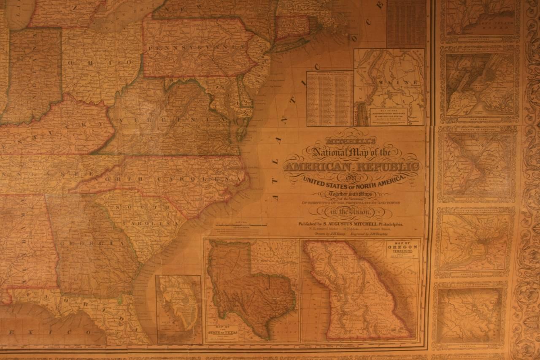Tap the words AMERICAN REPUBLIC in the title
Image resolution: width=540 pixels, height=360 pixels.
coord(352,166)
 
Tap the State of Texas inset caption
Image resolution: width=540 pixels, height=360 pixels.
coord(222,333)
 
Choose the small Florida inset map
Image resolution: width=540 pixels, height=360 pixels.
coord(179,309)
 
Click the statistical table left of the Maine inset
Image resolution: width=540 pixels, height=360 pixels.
coord(329,98)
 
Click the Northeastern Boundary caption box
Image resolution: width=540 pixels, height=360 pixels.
coord(387,116)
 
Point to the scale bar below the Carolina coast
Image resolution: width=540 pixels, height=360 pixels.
coord(240,225)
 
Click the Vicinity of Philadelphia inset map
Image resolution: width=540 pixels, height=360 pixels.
coord(475,241)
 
